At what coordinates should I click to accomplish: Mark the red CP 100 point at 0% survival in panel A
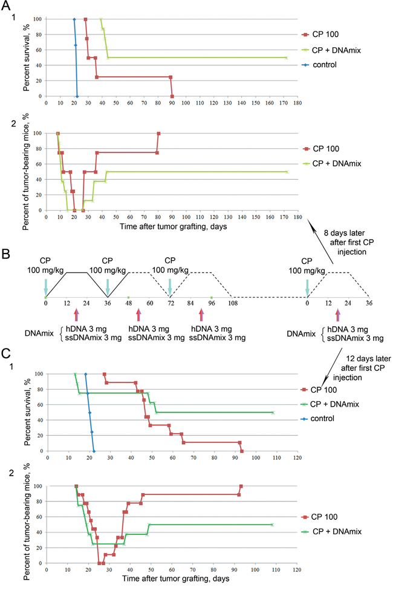(x=172, y=96)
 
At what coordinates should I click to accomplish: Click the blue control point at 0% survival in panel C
(x=94, y=451)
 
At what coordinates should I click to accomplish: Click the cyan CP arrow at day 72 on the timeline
(x=170, y=284)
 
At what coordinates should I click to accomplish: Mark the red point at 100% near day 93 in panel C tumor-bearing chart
(x=241, y=486)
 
